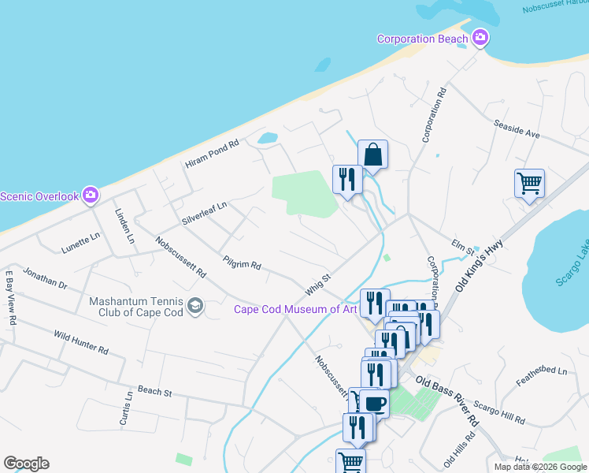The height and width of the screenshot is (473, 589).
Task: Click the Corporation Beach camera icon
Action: [x=480, y=38]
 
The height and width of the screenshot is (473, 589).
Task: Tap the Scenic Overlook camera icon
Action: [x=91, y=195]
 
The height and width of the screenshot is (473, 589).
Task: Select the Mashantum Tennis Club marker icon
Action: [x=195, y=306]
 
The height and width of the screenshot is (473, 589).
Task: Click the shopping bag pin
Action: [x=373, y=155]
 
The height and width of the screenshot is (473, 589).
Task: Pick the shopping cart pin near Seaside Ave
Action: [x=530, y=184]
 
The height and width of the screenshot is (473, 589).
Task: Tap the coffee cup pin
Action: [x=373, y=404]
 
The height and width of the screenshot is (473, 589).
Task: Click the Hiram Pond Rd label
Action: [x=211, y=155]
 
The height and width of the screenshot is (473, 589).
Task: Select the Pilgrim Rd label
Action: [x=242, y=262]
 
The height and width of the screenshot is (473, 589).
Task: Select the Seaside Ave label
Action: [x=517, y=128]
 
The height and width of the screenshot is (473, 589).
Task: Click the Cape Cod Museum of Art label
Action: [x=295, y=309]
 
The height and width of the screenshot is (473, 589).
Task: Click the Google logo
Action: [x=26, y=464]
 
